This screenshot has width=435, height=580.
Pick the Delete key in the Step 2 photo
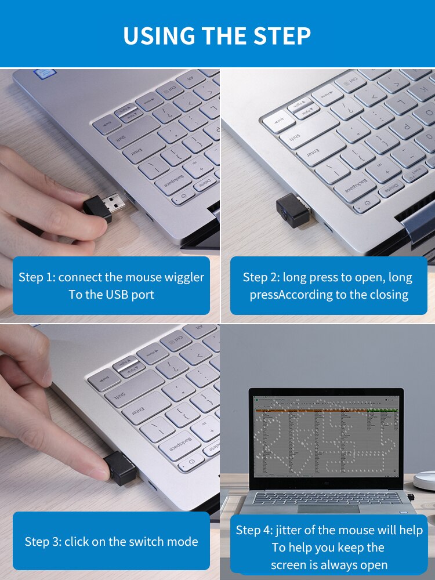(394, 188)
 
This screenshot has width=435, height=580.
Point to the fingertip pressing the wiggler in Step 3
(99, 469)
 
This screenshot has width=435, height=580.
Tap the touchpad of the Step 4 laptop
(328, 507)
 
